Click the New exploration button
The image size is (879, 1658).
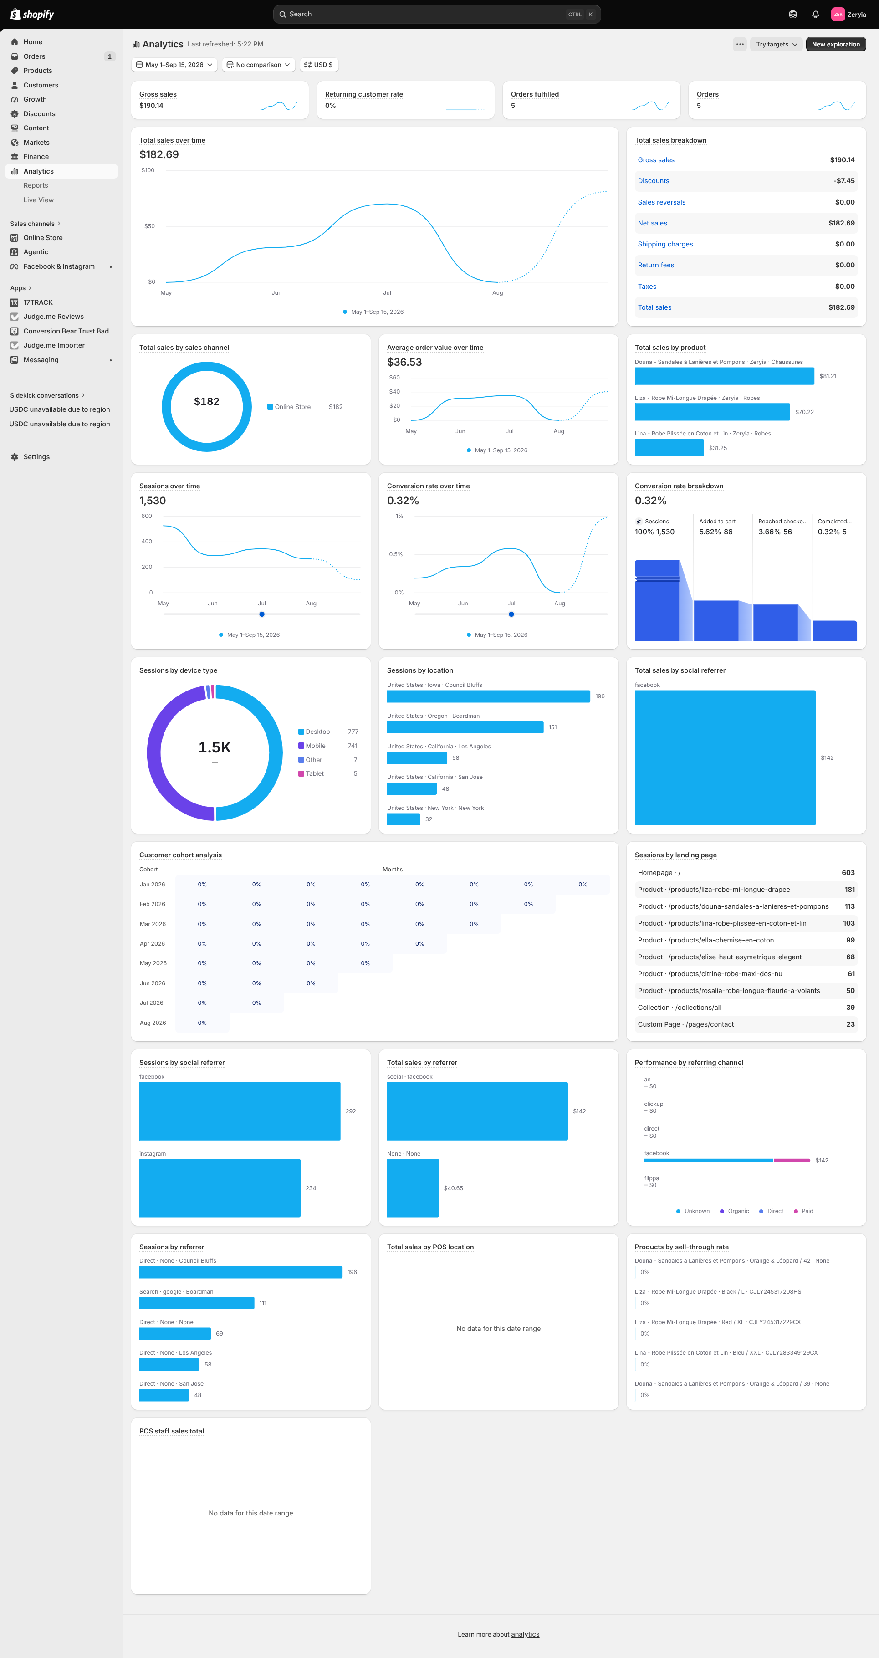835,45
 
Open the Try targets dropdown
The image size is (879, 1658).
777,45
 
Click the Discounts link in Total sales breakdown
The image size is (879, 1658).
653,181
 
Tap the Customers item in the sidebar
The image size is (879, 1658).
41,85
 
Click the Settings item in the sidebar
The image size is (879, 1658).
36,457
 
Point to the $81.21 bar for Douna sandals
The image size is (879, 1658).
724,376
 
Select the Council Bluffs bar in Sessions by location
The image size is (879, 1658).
488,696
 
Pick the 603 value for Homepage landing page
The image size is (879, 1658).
848,873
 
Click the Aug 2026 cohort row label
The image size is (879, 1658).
153,1023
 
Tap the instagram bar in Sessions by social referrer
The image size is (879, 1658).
220,1188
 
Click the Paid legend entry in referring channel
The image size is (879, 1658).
804,1211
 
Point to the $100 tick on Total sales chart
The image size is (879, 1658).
148,170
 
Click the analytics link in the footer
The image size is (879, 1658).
525,1634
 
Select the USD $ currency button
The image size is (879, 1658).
318,65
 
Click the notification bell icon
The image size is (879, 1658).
815,14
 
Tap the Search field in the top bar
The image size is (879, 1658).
437,14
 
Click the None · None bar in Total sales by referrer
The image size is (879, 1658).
413,1188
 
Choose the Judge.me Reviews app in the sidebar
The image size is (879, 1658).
53,317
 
